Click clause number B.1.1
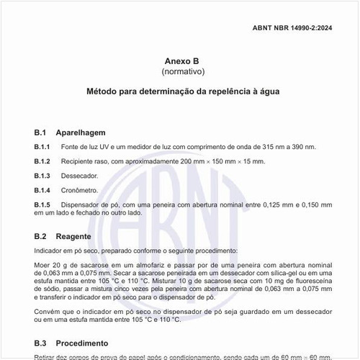click(x=42, y=147)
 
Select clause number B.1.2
click(x=42, y=161)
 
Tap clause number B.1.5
click(x=42, y=205)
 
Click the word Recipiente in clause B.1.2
click(x=78, y=161)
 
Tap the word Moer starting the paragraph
click(x=42, y=266)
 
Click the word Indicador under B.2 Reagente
click(x=50, y=251)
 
